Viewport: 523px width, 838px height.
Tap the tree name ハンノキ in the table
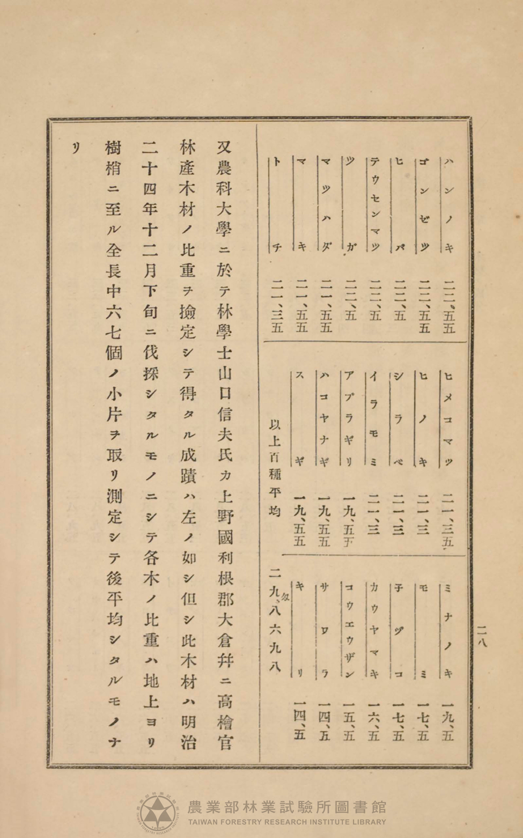tap(447, 205)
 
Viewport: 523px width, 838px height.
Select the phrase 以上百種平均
tap(275, 468)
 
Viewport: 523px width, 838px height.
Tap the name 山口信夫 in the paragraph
tap(225, 403)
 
